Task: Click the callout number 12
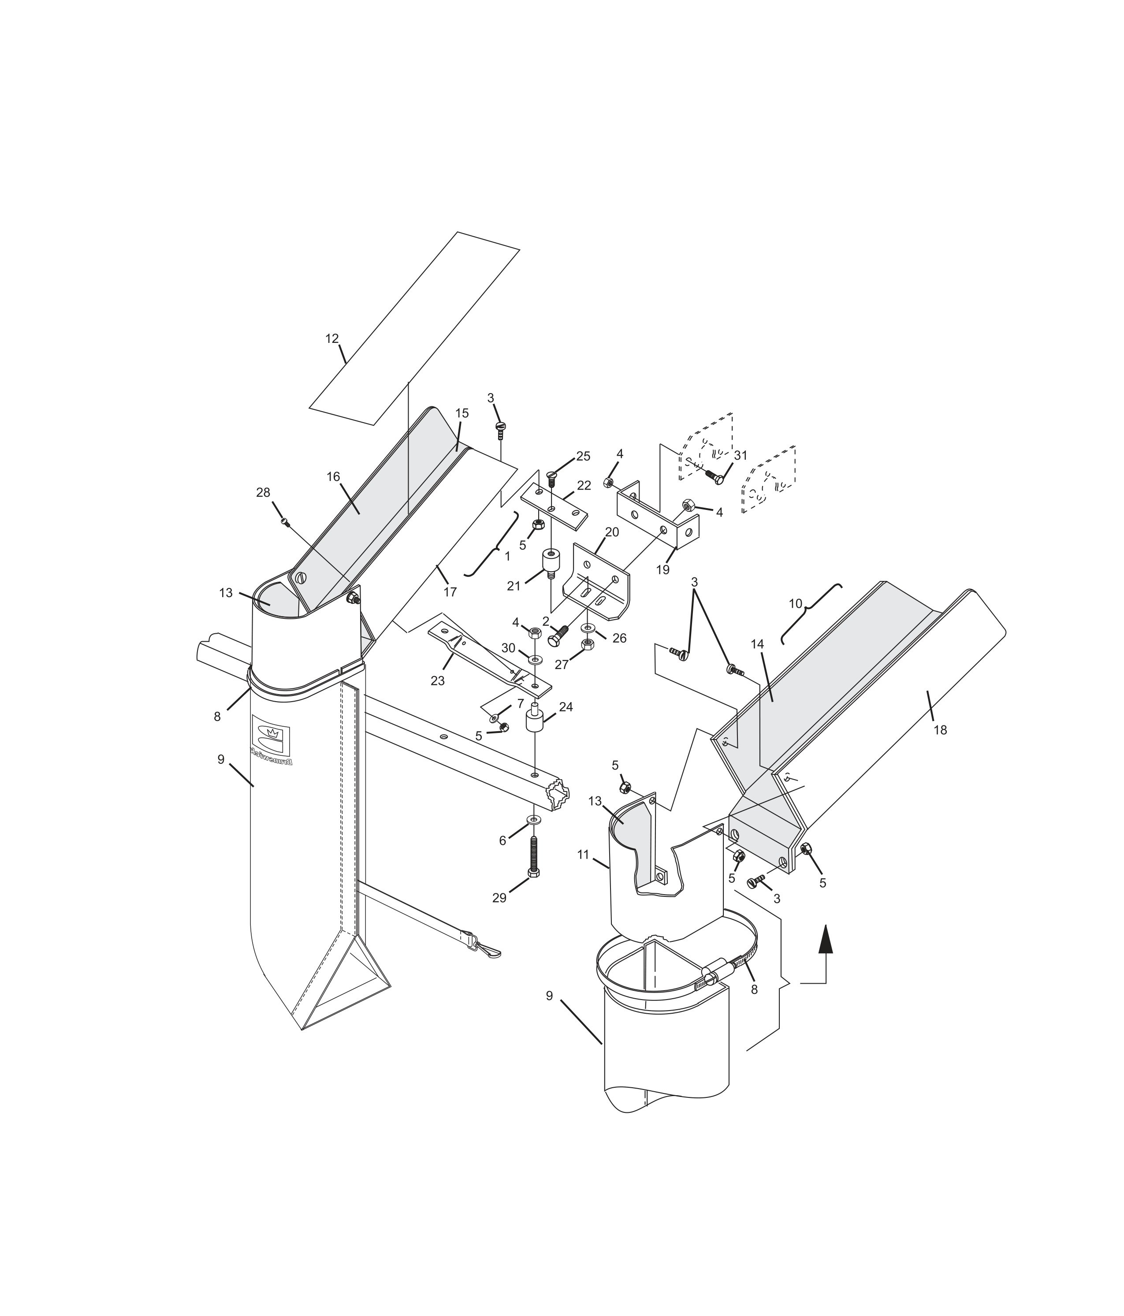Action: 331,338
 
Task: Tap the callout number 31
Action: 740,455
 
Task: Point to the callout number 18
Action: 940,730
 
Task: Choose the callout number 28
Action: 263,492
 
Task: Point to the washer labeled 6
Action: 533,819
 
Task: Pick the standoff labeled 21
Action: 550,563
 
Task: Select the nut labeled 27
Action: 588,645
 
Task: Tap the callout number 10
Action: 796,603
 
